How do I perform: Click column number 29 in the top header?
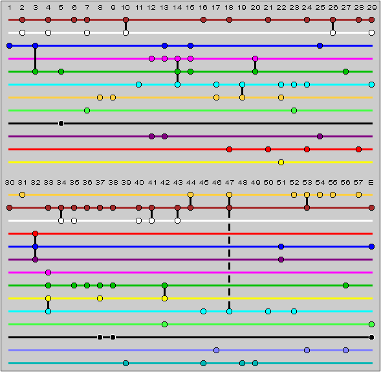pos(371,8)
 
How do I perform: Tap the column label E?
pos(371,182)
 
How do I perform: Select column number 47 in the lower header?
pos(230,182)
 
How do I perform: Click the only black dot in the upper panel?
pos(61,123)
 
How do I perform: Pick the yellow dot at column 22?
pos(281,163)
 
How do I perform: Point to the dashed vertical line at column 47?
pos(229,259)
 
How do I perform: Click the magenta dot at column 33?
pos(48,272)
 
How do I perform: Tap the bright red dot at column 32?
pos(35,234)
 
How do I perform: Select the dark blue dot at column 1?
pos(10,45)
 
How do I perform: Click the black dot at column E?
pos(371,338)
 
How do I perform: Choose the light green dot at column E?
pos(371,324)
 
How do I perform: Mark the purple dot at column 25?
pos(320,136)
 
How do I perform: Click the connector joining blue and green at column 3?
pos(35,59)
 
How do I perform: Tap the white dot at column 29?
pos(371,32)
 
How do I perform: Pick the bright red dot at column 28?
pos(358,149)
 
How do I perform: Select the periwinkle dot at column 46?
pos(216,351)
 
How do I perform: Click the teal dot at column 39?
pos(125,363)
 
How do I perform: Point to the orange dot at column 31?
pos(23,195)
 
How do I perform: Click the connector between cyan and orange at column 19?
pos(242,91)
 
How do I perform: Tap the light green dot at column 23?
pos(294,111)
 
